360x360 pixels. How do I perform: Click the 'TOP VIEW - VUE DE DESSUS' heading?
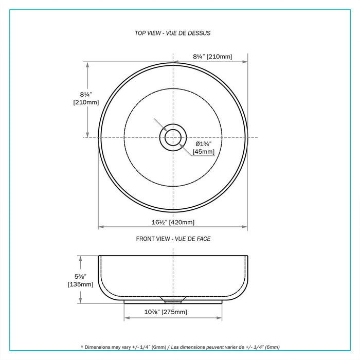pos(172,33)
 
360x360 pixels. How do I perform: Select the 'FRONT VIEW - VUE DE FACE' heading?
pos(173,239)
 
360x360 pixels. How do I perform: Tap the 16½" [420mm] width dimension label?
pos(172,222)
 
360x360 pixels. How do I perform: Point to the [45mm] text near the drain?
pos(204,152)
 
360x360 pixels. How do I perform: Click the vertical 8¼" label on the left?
pos(86,94)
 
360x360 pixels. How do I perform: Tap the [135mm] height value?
pos(80,284)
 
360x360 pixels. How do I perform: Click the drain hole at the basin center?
pos(172,137)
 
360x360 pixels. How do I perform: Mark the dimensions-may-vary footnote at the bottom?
pos(180,347)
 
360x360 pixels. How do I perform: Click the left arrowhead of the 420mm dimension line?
pos(101,227)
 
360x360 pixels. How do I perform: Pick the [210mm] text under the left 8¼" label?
pos(86,102)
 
